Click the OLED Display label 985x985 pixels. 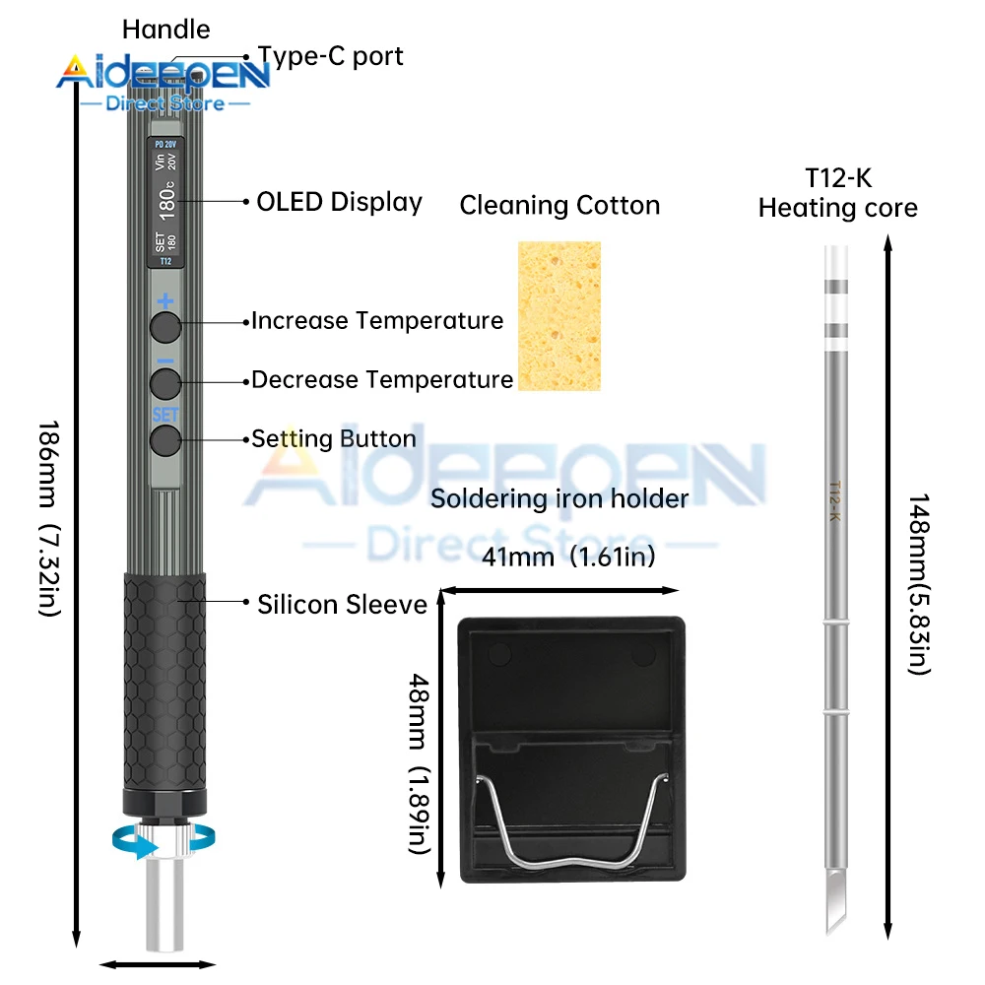coord(339,202)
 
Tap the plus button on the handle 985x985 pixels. coord(165,326)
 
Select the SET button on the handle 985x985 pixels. coord(165,439)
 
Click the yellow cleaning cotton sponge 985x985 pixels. coord(558,316)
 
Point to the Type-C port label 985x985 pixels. coord(330,56)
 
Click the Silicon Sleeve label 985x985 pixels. coord(342,604)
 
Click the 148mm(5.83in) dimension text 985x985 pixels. coord(917,584)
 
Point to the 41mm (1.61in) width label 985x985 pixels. coord(568,558)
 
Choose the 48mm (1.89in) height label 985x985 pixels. coord(419,749)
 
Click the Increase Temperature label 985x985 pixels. coord(376,320)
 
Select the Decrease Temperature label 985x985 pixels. coord(382,379)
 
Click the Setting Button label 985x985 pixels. coord(334,438)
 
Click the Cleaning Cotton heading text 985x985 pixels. coord(559,206)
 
